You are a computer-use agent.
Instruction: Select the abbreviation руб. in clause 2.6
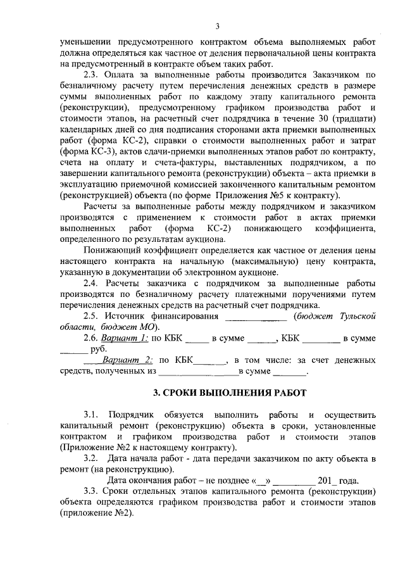tap(99, 349)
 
